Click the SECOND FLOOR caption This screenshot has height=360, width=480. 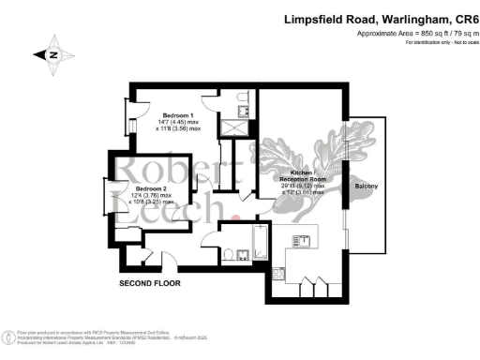pyautogui.click(x=150, y=282)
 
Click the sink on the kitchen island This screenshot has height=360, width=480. pyautogui.click(x=302, y=239)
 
